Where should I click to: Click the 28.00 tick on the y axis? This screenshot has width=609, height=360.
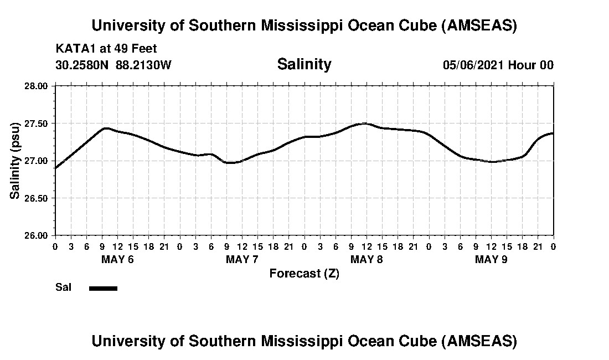coord(39,86)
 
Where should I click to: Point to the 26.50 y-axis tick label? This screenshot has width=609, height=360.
coord(39,198)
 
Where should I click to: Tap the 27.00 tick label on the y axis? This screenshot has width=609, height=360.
coord(39,161)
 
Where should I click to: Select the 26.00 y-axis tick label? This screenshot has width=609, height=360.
coord(39,235)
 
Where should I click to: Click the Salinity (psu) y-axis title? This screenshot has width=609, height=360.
coord(15,161)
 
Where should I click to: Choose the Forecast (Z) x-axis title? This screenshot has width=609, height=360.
coord(304,273)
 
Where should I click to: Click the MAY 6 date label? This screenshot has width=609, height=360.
coord(117,260)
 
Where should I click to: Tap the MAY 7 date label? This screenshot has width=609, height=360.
coord(242,260)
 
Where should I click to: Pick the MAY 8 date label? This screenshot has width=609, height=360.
coord(367,260)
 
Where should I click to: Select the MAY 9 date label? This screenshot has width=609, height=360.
coord(491,260)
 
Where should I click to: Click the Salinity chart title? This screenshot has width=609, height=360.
coord(304,64)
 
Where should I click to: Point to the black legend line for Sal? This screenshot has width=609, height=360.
coord(103,288)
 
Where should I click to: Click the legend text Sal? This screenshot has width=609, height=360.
coord(63,287)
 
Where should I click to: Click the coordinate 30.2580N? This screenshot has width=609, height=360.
coord(83,65)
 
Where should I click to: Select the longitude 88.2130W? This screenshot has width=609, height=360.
coord(144,65)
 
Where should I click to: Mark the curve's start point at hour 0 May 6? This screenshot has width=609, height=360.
coord(55,168)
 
